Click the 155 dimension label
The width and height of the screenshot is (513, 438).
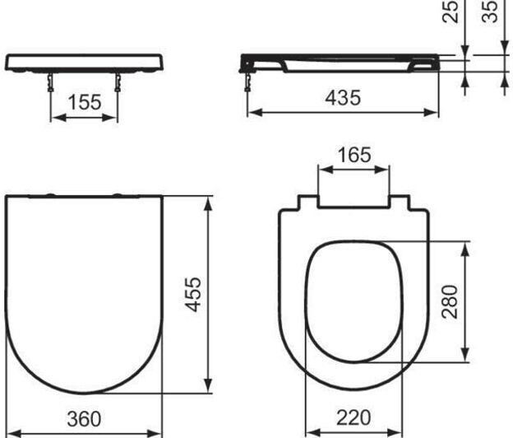(85, 102)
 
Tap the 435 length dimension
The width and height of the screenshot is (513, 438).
(343, 98)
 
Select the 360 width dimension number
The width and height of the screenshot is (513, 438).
(84, 419)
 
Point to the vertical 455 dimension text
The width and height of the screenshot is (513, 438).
(193, 294)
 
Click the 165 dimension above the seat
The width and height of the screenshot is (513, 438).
(354, 155)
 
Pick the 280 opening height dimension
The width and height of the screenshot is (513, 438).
(450, 301)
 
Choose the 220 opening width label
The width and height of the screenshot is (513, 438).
(354, 417)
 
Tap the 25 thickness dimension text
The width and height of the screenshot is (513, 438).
(450, 12)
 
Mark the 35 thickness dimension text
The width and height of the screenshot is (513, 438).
(490, 12)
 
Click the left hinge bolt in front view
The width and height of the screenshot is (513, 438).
(50, 82)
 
